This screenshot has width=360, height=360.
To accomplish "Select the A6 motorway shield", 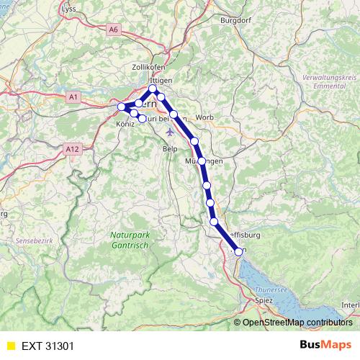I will tap(113, 30).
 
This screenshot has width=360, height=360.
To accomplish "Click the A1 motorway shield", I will tap(73, 96).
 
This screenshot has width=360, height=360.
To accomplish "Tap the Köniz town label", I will tap(125, 124).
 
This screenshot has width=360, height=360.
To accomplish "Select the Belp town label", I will tap(170, 148).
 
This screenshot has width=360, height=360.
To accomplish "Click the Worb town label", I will tap(204, 117).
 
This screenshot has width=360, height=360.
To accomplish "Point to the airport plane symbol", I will tap(170, 132).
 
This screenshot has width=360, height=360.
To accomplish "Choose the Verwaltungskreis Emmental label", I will tap(328, 81).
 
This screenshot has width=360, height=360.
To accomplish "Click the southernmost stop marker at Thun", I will tap(238, 251).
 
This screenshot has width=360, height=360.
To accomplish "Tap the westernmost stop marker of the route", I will tap(122, 107).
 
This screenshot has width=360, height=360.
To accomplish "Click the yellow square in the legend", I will tap(11, 346).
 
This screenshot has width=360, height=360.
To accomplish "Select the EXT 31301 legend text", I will tap(48, 346).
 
